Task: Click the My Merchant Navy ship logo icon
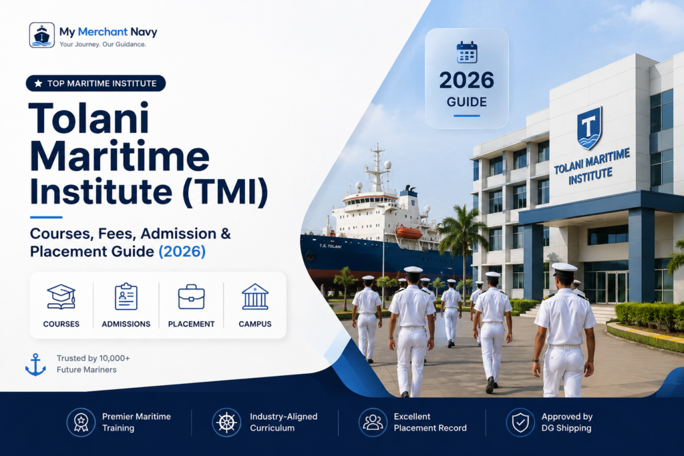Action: tap(42, 35)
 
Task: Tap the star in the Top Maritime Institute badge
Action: tap(38, 83)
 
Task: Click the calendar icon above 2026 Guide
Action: tap(467, 52)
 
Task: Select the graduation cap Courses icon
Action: tap(61, 297)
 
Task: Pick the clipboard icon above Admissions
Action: tap(126, 296)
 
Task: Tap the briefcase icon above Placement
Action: tap(191, 297)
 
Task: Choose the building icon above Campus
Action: tap(255, 296)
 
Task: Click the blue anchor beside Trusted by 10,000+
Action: tap(35, 365)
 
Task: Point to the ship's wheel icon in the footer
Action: tap(226, 423)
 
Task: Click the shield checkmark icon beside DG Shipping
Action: tap(520, 423)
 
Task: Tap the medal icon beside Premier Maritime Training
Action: tap(81, 423)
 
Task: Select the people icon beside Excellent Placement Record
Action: tap(373, 423)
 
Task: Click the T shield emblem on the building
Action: tap(589, 128)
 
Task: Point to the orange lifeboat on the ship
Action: tap(409, 232)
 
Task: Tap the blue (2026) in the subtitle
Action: tap(182, 252)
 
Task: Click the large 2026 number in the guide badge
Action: tap(466, 81)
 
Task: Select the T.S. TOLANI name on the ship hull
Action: tap(330, 246)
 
